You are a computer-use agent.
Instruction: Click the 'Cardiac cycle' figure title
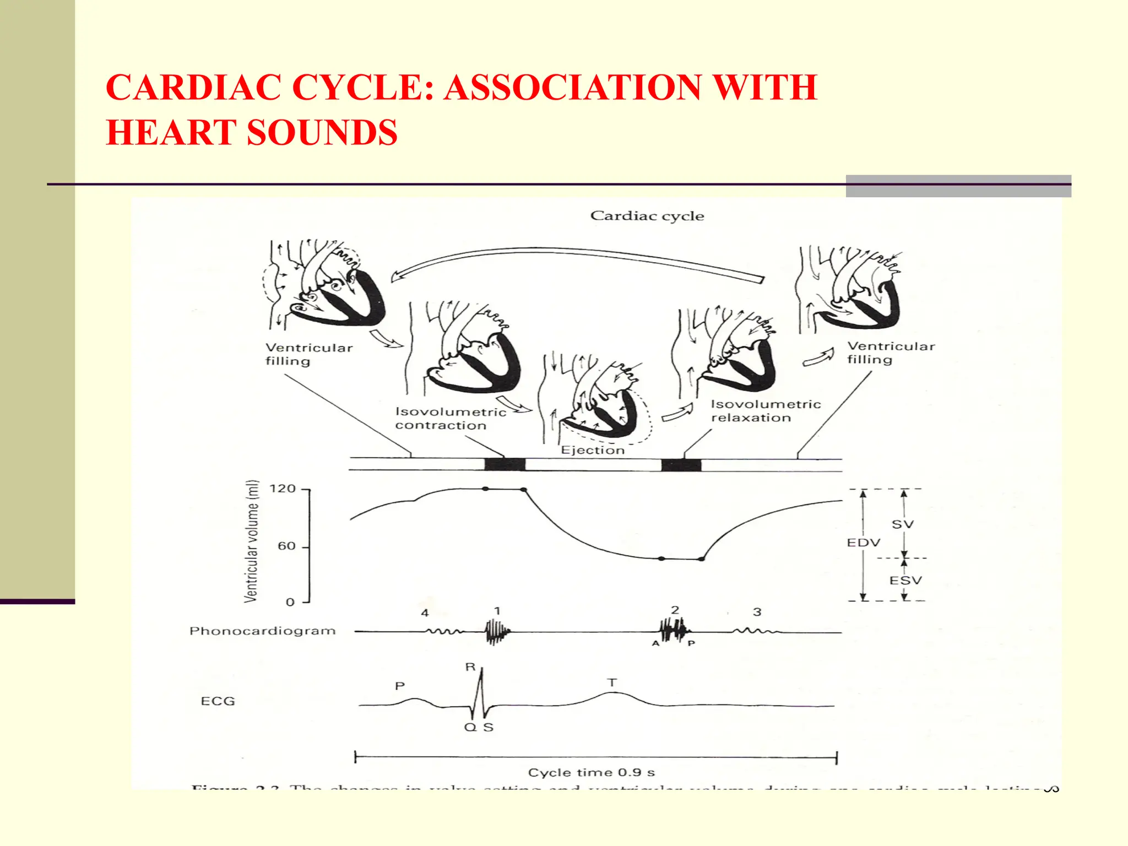[647, 216]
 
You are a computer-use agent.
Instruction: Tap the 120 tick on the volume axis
[283, 489]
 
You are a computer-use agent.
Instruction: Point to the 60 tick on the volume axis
[286, 546]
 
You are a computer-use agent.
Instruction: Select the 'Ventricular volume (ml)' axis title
[251, 541]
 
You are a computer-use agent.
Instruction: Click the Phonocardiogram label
[262, 631]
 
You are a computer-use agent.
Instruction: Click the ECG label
[218, 701]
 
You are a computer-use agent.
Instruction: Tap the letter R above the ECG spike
[470, 667]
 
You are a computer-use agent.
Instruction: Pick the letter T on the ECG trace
[612, 682]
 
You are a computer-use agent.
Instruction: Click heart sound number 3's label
[757, 612]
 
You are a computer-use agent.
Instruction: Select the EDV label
[863, 543]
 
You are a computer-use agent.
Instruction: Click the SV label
[903, 524]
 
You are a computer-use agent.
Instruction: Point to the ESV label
[905, 580]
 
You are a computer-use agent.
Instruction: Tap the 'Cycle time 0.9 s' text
[592, 772]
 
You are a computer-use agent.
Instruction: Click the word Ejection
[593, 450]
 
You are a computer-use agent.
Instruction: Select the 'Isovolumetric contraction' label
[451, 419]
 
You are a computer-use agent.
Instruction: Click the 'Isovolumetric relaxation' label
[766, 411]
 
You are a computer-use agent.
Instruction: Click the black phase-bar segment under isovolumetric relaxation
[681, 465]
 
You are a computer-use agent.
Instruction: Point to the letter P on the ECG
[400, 686]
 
